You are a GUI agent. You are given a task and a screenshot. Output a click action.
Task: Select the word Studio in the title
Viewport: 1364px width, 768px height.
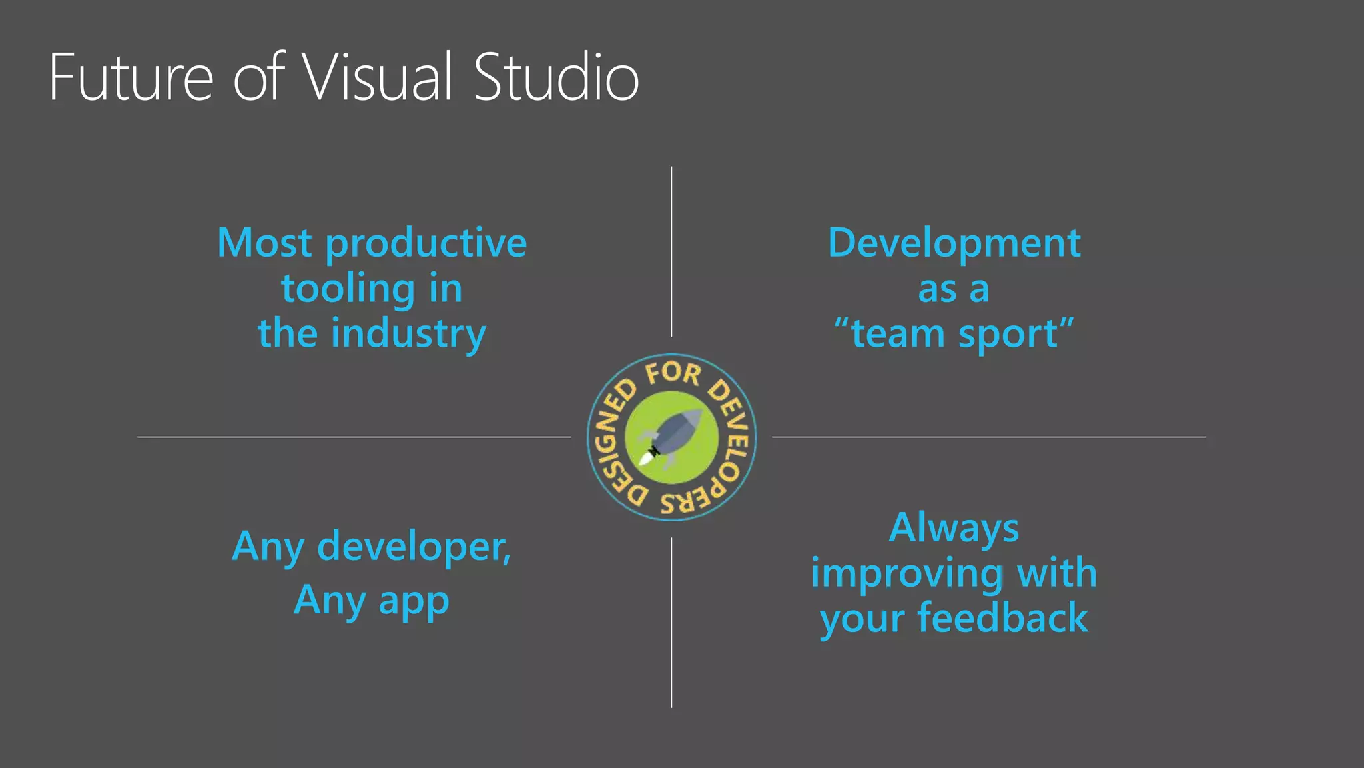(x=556, y=77)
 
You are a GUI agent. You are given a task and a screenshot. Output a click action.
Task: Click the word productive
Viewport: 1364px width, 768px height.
(x=426, y=244)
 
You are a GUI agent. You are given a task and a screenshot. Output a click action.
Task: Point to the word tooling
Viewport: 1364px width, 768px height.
(x=348, y=290)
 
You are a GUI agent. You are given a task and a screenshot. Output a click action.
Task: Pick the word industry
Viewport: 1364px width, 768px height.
(x=408, y=335)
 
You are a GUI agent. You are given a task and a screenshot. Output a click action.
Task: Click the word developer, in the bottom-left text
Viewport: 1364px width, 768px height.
(x=414, y=548)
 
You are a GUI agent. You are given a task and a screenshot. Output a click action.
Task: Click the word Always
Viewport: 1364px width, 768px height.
(x=954, y=528)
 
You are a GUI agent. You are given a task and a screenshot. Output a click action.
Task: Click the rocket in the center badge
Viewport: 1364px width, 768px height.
(x=671, y=437)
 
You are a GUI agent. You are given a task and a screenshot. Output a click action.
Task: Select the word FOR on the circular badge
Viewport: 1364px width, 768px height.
(x=673, y=373)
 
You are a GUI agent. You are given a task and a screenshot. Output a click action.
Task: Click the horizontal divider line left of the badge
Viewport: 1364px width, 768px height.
(x=354, y=437)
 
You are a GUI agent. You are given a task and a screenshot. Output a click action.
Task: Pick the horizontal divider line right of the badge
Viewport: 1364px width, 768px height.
(x=988, y=437)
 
